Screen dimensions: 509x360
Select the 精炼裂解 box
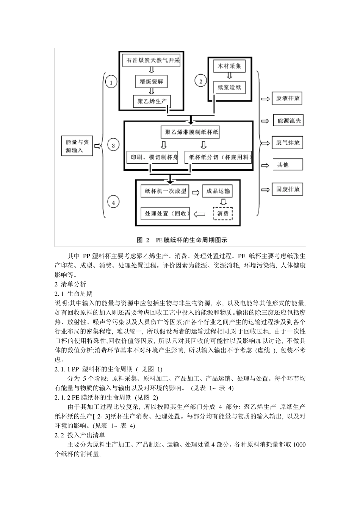[x=151, y=81]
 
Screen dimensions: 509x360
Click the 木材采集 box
[x=229, y=66]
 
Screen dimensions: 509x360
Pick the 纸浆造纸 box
[x=229, y=88]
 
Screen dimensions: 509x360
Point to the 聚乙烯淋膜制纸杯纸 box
[x=189, y=132]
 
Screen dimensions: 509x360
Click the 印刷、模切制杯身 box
[x=152, y=157]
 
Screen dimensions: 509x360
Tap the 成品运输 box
[x=217, y=192]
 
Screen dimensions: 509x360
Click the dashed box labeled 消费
[x=222, y=214]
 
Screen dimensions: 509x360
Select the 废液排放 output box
[x=288, y=99]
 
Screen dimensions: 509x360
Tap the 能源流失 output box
[x=288, y=121]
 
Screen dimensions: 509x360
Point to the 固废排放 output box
[x=288, y=189]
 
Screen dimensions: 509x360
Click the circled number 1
[x=111, y=82]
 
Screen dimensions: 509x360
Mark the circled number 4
[x=113, y=203]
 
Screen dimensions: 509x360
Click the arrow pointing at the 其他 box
[x=265, y=165]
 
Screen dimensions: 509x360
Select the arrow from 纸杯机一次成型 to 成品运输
[x=196, y=192]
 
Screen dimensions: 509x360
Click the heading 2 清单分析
[x=70, y=284]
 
